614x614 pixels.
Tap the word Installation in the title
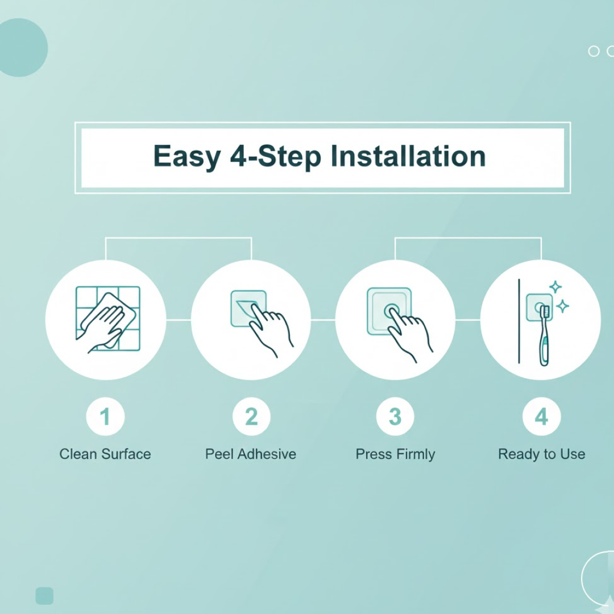(x=408, y=156)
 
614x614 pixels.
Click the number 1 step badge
(x=105, y=416)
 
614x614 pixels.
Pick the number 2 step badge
(x=251, y=416)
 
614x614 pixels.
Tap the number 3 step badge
(x=395, y=416)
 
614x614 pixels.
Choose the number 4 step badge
(x=542, y=416)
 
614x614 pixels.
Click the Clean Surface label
(x=105, y=454)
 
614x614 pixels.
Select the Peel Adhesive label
(x=251, y=454)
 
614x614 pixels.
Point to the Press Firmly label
(x=395, y=454)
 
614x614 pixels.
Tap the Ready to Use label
(x=542, y=454)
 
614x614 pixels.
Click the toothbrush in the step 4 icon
(x=544, y=336)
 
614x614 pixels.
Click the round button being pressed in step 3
(x=392, y=312)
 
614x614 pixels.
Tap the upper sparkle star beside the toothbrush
(x=555, y=287)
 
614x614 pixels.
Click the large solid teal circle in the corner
(x=19, y=47)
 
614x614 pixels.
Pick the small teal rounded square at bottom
(x=44, y=596)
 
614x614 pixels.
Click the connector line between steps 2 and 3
(x=323, y=320)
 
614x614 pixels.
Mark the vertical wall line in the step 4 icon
(x=519, y=321)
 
